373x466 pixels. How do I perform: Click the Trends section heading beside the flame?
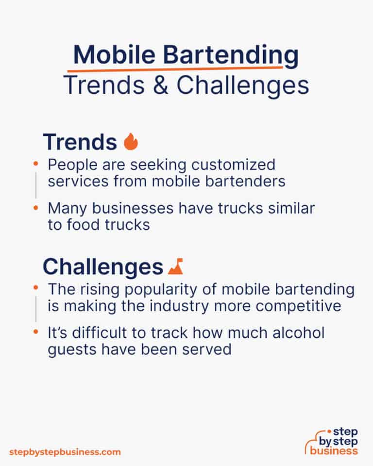coord(80,142)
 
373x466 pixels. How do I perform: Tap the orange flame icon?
coord(131,142)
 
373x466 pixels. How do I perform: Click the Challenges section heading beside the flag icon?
coord(102,267)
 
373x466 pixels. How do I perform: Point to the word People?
coord(70,165)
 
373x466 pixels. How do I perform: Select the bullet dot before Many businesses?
coord(35,208)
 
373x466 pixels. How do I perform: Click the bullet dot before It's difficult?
coord(35,332)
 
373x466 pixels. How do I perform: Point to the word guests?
coord(73,349)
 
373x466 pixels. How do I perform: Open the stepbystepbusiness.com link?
coord(65,452)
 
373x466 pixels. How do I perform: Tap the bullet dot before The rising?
coord(35,288)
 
